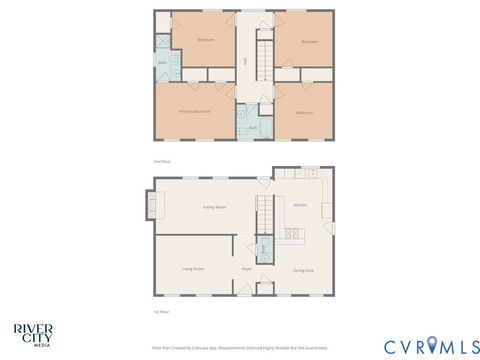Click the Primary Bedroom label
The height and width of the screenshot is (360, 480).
coord(194,112)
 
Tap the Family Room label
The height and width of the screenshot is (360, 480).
coord(214,207)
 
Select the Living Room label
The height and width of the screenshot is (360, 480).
coord(193,269)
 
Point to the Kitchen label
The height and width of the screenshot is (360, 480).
coord(299,205)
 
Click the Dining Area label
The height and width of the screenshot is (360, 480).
coord(304,270)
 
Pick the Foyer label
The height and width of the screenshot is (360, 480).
coord(246,269)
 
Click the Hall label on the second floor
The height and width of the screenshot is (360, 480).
coord(245,60)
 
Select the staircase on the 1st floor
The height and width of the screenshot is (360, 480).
coord(265,214)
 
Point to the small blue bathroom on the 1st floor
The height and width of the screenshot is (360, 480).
coord(264,249)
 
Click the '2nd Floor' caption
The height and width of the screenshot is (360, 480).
coord(161,160)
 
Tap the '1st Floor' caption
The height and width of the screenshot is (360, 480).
coord(160,313)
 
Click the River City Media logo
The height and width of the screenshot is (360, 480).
coord(33,333)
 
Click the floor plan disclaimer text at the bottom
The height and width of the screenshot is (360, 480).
coord(239,348)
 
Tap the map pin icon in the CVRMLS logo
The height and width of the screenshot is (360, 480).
coord(432,345)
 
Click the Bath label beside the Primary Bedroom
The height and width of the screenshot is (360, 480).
coord(253,128)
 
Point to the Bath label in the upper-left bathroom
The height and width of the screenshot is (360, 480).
coord(163,63)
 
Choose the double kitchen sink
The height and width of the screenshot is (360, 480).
coord(295,236)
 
